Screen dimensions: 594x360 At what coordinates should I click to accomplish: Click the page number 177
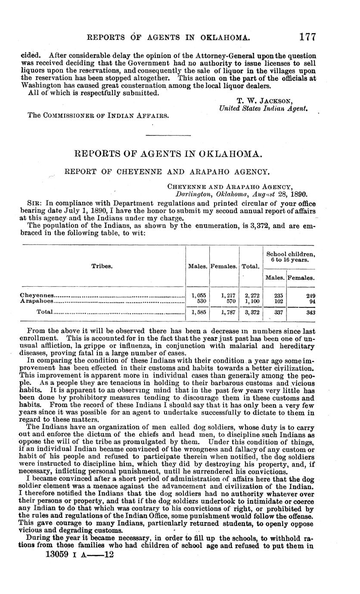[x=308, y=37]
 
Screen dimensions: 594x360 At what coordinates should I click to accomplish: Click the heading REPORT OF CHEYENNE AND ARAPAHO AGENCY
[x=167, y=171]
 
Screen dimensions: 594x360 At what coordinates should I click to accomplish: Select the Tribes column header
[x=102, y=266]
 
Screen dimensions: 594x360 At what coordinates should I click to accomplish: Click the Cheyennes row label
[x=37, y=295]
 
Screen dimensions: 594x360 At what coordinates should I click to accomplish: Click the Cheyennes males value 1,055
[x=198, y=295]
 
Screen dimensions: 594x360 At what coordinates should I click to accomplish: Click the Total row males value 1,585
[x=198, y=312]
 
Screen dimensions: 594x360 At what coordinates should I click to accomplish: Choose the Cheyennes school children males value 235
[x=279, y=295]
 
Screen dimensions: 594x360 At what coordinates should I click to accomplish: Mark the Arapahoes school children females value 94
[x=311, y=301]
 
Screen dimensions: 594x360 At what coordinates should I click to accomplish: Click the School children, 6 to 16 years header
[x=290, y=257]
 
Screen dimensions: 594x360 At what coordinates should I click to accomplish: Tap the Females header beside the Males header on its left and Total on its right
[x=224, y=266]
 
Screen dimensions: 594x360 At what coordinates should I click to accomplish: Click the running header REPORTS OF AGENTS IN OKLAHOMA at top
[x=168, y=38]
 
